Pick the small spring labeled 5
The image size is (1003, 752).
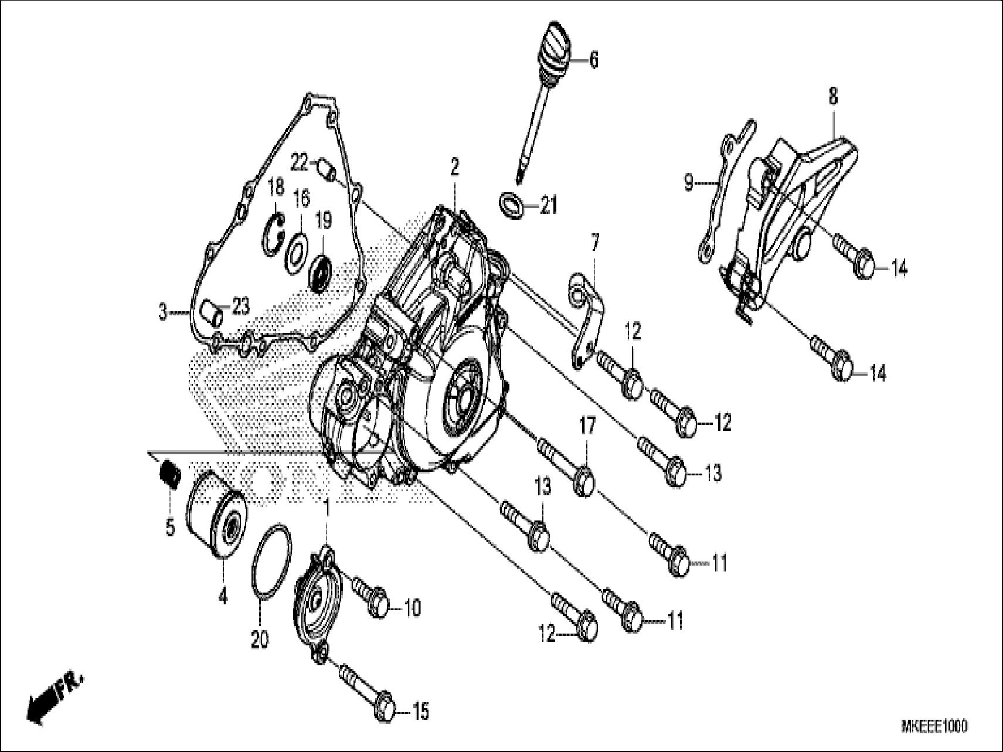click(170, 472)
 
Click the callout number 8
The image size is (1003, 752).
click(833, 96)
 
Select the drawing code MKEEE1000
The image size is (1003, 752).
click(934, 727)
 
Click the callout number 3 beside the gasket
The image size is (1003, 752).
click(163, 312)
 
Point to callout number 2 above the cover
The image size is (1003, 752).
click(454, 168)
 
